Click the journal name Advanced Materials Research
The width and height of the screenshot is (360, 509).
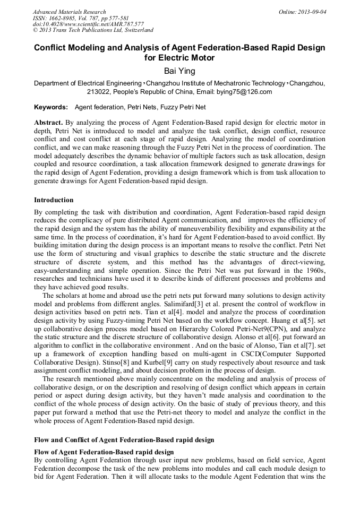pyautogui.click(x=69, y=12)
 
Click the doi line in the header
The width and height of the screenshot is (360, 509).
pyautogui.click(x=88, y=24)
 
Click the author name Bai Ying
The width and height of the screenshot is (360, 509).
pyautogui.click(x=179, y=71)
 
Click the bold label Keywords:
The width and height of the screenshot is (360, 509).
pyautogui.click(x=51, y=107)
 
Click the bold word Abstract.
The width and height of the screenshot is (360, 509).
pyautogui.click(x=48, y=122)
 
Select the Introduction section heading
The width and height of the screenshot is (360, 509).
pyautogui.click(x=54, y=200)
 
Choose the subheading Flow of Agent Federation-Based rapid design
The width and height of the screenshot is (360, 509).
pyautogui.click(x=104, y=452)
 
